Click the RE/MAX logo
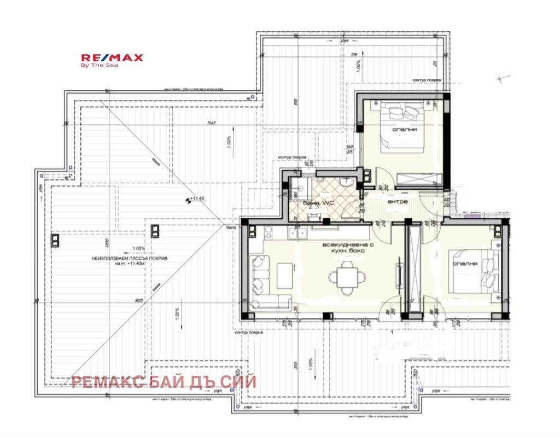[112, 58]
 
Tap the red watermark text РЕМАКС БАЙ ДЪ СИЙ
[164, 382]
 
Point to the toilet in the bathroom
[314, 215]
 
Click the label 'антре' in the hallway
[398, 201]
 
